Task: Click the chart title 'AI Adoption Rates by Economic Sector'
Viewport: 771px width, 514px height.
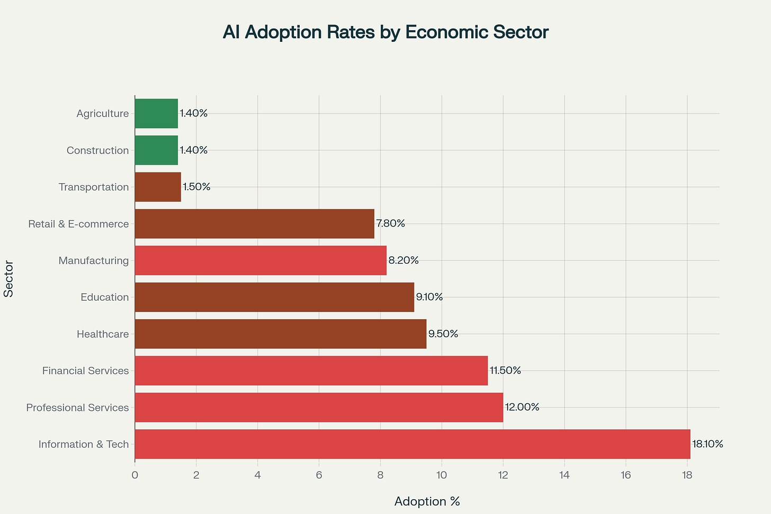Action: [385, 32]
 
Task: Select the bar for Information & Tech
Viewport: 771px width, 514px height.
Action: [413, 444]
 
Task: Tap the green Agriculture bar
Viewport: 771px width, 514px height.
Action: [156, 113]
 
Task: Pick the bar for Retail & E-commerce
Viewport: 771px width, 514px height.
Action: [255, 224]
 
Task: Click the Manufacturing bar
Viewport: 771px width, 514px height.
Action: [261, 260]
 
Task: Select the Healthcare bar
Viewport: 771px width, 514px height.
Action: [281, 334]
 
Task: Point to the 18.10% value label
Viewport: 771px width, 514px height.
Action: [707, 444]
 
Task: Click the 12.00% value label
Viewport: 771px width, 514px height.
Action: [522, 407]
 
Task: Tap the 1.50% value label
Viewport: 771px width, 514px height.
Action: [196, 187]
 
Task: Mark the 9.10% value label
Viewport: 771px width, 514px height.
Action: [429, 297]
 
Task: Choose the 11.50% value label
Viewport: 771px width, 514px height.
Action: [505, 371]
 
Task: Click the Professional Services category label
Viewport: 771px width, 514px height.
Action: [77, 408]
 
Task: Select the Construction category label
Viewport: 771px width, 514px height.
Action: [97, 150]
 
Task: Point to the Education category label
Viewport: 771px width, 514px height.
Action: [104, 297]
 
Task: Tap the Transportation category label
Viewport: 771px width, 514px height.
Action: [94, 187]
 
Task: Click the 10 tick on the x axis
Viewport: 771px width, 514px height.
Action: [442, 475]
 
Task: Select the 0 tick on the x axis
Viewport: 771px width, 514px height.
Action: [135, 475]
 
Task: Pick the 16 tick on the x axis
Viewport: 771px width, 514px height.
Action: [626, 475]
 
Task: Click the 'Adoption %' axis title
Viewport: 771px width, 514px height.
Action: [427, 501]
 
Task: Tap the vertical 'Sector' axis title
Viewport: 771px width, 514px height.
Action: [8, 278]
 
